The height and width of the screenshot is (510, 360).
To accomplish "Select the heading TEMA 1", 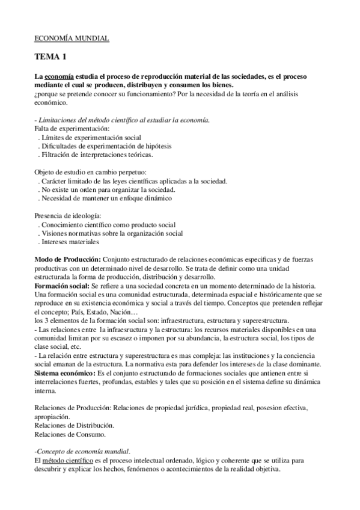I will click(x=51, y=57).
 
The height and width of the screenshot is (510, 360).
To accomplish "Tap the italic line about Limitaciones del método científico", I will click(x=122, y=120).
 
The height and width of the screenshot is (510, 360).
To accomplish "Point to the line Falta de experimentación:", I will click(x=72, y=129).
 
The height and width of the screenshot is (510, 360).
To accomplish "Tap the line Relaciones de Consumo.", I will click(x=70, y=433).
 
